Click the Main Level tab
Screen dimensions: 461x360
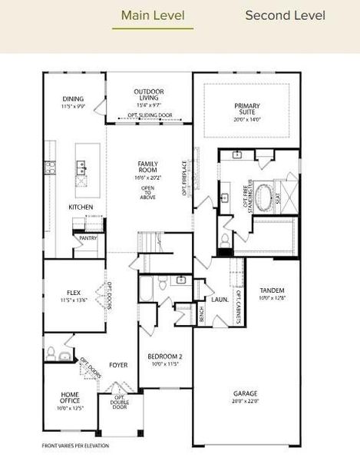pyautogui.click(x=152, y=16)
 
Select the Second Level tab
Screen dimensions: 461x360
pyautogui.click(x=285, y=16)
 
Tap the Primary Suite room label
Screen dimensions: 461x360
pyautogui.click(x=247, y=111)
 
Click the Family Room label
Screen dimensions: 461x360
pyautogui.click(x=148, y=167)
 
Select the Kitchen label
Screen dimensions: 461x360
pyautogui.click(x=81, y=207)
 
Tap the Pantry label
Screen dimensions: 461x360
pyautogui.click(x=87, y=238)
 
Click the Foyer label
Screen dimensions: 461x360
pyautogui.click(x=118, y=365)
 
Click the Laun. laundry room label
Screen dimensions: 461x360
pyautogui.click(x=219, y=300)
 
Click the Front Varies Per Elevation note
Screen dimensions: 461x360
pyautogui.click(x=75, y=446)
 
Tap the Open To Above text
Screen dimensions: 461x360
pyautogui.click(x=148, y=191)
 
